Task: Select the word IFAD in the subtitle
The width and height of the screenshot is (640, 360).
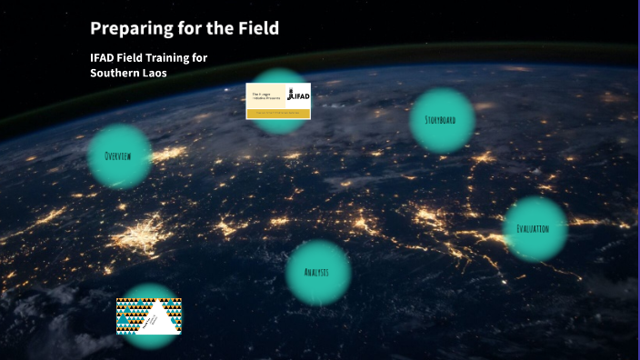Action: [x=102, y=58]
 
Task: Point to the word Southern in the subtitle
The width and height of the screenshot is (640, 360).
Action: [x=114, y=73]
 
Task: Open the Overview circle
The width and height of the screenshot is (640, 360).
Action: [x=119, y=156]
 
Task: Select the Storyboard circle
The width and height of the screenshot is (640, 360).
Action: [x=442, y=120]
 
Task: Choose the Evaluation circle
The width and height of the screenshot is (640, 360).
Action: [x=535, y=229]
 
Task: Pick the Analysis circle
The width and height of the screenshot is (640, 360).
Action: [x=318, y=273]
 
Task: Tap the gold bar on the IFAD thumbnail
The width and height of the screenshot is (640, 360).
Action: [x=277, y=113]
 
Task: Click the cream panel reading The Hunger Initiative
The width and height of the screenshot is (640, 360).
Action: [x=265, y=95]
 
